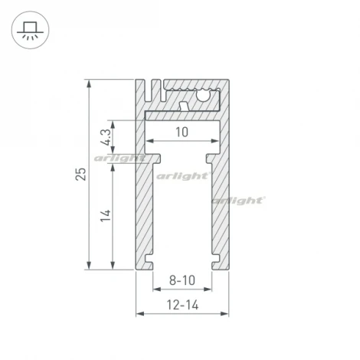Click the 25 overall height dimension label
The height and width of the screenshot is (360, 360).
(80, 174)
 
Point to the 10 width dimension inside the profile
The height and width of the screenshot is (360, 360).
(181, 133)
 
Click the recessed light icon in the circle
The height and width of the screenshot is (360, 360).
(31, 31)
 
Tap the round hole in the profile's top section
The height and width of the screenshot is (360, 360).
(205, 97)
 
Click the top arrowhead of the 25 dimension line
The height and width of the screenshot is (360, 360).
(90, 82)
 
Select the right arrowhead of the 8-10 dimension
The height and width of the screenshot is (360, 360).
(208, 291)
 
